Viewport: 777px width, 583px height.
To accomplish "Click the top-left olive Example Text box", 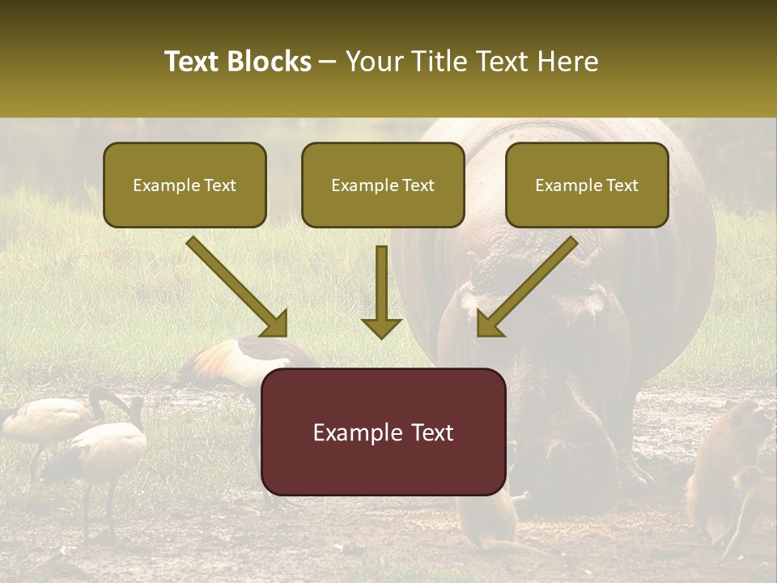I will point(185,185).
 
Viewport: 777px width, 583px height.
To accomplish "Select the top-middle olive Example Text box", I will point(383,185).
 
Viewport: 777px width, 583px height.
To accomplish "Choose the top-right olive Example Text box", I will point(587,185).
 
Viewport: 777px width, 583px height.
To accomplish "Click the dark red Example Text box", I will point(383,432).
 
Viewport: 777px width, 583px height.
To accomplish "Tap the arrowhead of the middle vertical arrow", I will point(381,327).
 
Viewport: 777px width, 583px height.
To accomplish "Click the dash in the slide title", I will point(328,62).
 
